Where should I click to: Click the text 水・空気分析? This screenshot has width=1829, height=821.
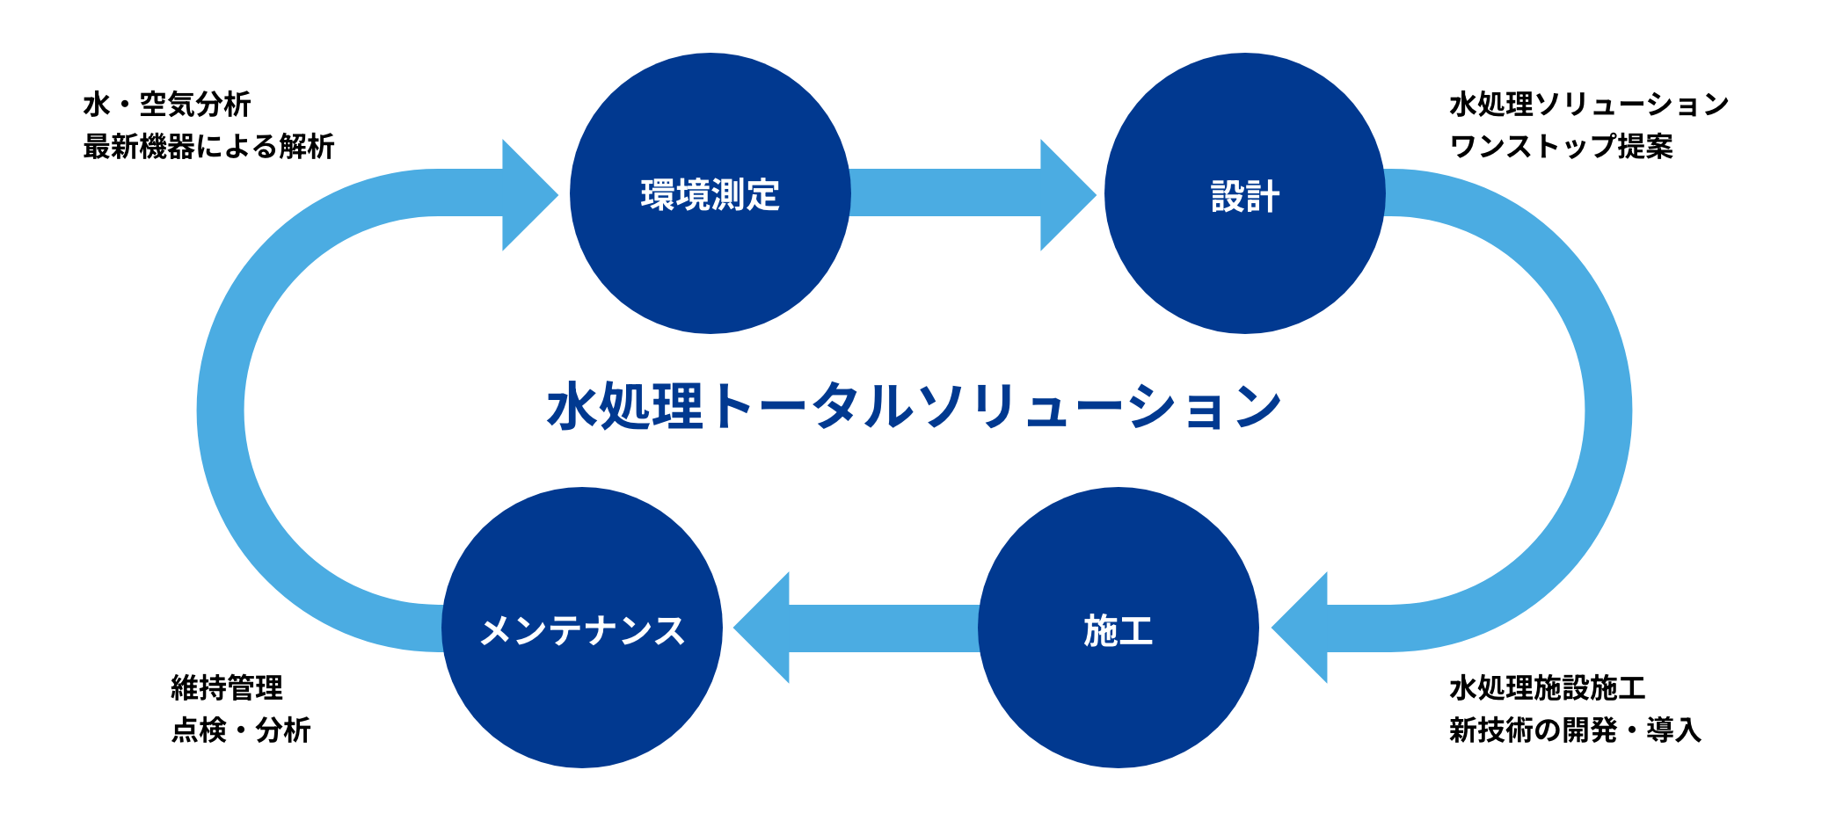click(167, 105)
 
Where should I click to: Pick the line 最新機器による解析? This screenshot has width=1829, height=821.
click(208, 146)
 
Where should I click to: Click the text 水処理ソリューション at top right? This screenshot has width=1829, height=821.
click(1589, 105)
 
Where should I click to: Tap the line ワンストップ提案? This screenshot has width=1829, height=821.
click(1561, 146)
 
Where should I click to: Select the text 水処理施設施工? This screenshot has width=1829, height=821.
click(1547, 687)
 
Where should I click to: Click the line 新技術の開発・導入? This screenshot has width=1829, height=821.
click(1575, 730)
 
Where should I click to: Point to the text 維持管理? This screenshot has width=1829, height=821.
click(227, 687)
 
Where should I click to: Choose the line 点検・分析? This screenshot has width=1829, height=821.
click(241, 730)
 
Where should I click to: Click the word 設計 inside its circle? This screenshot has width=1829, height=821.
click(1244, 196)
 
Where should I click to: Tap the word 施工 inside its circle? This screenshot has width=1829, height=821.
click(1118, 630)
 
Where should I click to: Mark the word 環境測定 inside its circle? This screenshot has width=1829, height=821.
click(710, 194)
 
